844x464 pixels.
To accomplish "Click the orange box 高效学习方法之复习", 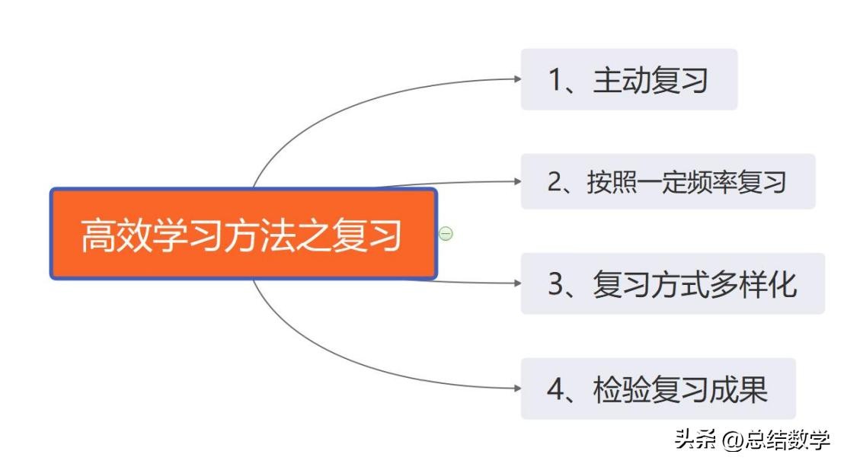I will point(243,234).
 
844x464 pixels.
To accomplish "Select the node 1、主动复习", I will point(628,80).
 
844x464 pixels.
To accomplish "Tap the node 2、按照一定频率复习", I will point(667,182).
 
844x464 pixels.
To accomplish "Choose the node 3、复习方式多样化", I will point(672,284).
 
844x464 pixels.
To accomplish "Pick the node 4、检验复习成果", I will point(657,389).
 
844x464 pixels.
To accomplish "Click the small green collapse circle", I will point(446,234).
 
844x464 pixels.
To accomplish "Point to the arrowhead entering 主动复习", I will point(516,78).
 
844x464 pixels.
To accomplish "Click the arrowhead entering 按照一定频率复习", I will point(516,181).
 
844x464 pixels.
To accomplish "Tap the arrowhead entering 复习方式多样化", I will point(516,283).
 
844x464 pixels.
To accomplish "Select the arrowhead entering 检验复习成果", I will point(516,387).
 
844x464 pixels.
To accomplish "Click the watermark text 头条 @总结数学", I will point(751,440).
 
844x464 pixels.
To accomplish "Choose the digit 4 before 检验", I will point(555,389).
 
